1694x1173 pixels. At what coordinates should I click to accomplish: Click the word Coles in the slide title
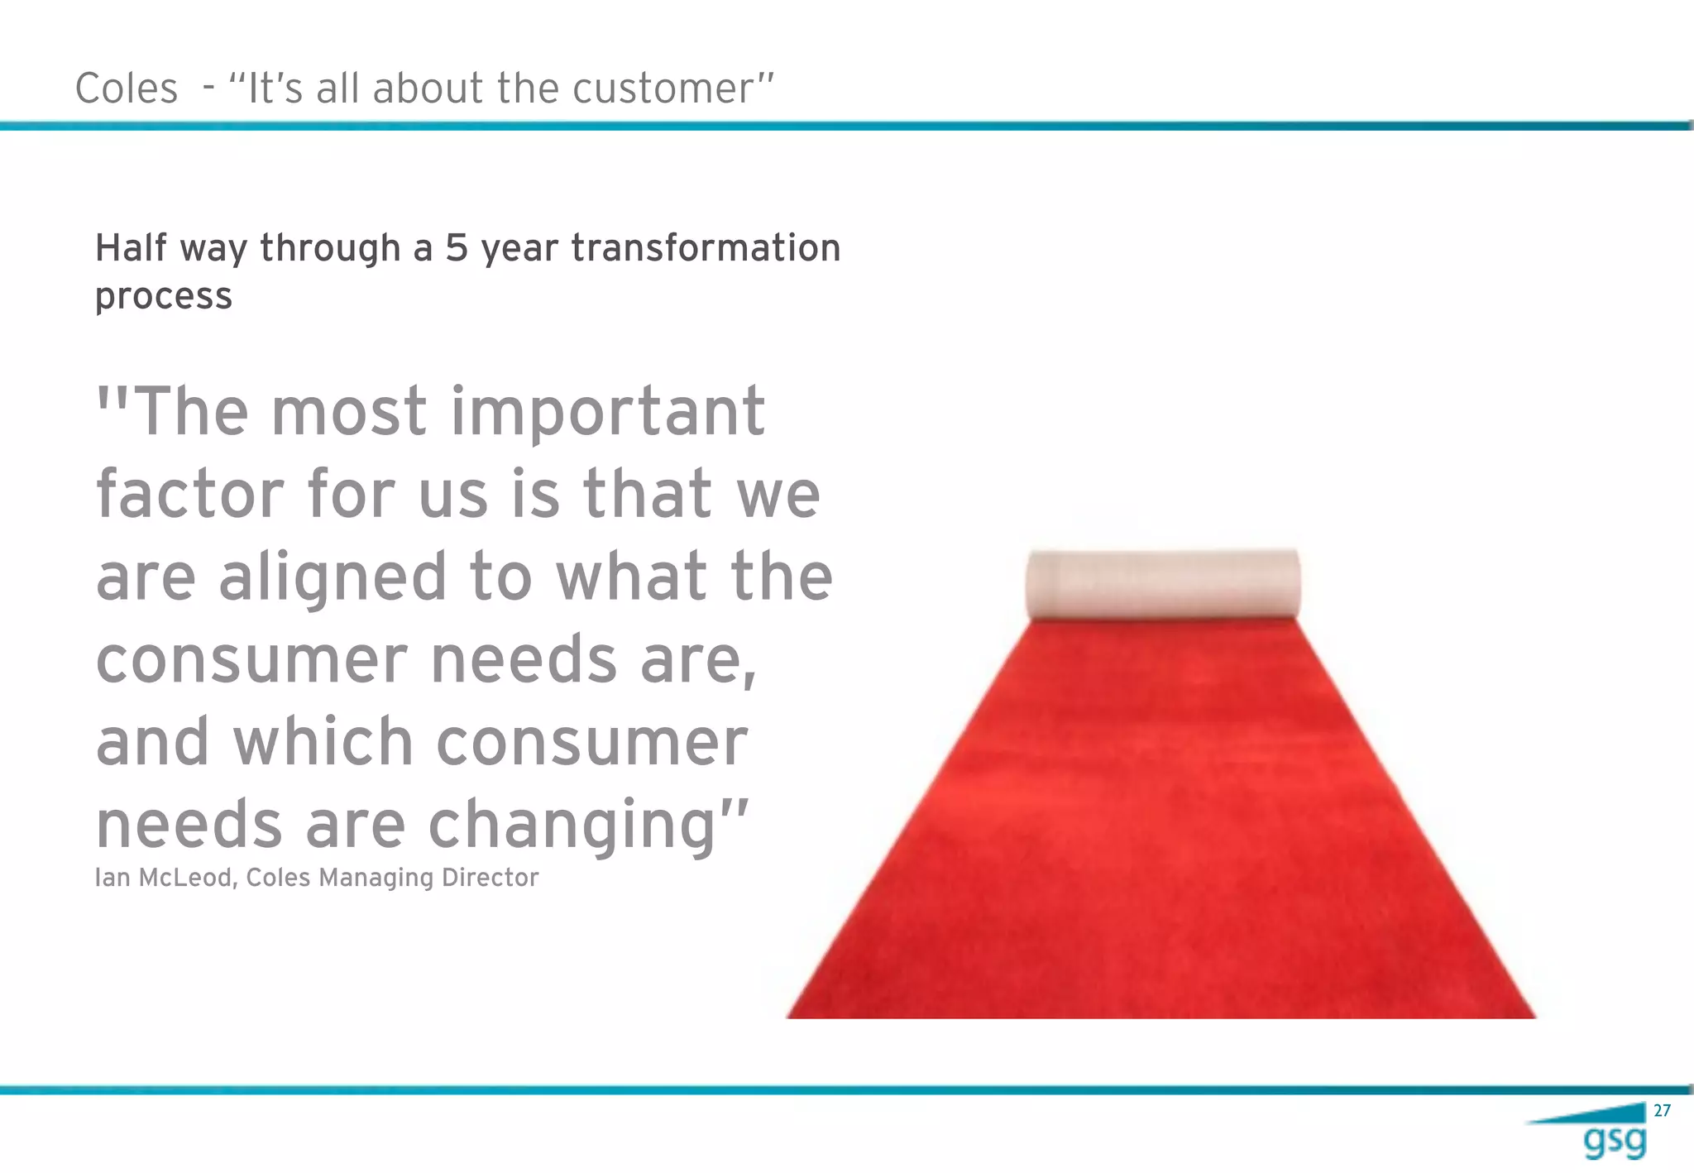126,89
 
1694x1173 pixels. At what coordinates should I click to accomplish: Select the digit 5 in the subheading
457,248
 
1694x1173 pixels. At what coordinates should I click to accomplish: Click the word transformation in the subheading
706,248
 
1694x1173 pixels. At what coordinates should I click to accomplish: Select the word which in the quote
323,742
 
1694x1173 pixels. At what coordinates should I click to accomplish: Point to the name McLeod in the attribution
189,878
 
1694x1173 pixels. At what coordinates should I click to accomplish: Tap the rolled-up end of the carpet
1162,584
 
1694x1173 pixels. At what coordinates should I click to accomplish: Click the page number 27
1662,1111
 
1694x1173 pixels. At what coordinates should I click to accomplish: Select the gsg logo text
1614,1142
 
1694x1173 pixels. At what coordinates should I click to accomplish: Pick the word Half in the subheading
132,248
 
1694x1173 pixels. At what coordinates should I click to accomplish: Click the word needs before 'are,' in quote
524,660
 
